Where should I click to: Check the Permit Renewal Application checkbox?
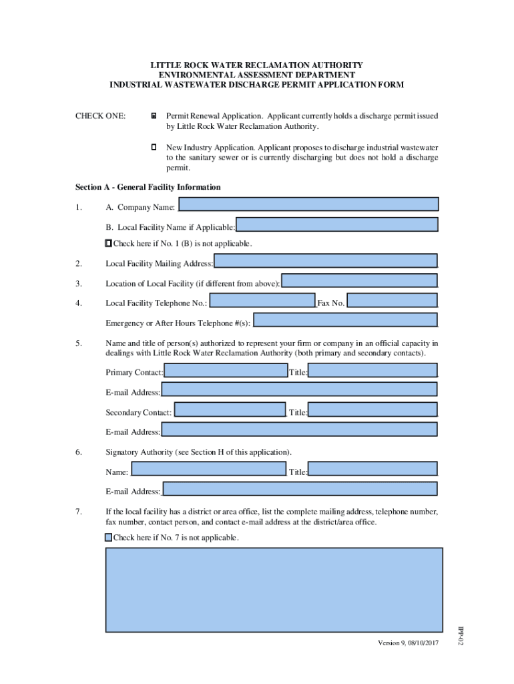click(154, 116)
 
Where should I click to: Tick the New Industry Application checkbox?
click(154, 146)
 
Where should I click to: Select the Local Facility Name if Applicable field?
click(337, 224)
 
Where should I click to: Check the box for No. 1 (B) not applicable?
click(109, 243)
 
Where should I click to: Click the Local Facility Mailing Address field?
click(325, 261)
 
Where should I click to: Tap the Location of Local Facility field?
click(359, 281)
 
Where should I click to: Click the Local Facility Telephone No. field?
click(262, 301)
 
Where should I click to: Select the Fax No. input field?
click(392, 301)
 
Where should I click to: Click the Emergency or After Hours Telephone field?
click(345, 321)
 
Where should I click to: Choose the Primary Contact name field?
click(226, 370)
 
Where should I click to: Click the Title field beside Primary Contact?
click(372, 370)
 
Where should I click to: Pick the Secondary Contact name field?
click(230, 409)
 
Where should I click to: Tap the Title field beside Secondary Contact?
click(372, 409)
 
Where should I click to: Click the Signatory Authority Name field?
click(208, 469)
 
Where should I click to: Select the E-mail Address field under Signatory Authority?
click(300, 489)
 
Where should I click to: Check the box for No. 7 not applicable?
click(109, 537)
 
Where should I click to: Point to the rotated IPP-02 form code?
click(460, 635)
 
